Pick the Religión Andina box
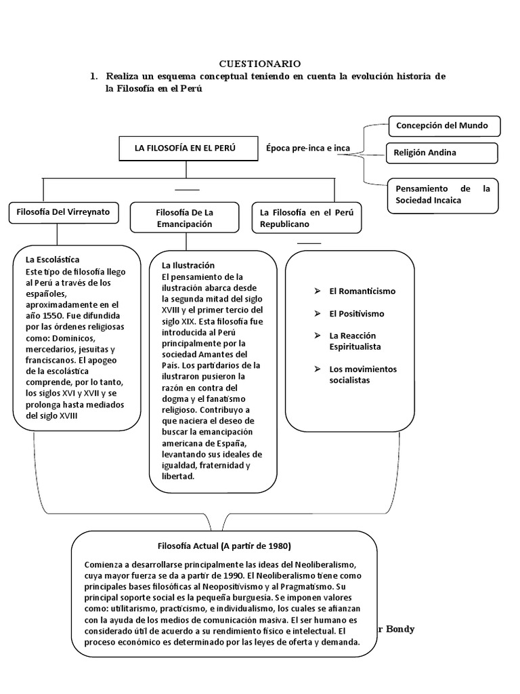coord(441,153)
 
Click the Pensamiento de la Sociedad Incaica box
coord(442,195)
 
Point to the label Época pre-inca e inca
coord(303,148)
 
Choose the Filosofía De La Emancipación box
coord(183,218)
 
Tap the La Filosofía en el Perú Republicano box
coord(307,218)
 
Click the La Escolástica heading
coord(53,260)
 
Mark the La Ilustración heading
coord(188,265)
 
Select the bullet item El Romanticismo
coord(362,291)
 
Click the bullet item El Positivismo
coord(356,314)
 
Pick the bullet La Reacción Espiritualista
coord(355,341)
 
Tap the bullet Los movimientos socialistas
coord(363,375)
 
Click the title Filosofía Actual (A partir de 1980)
coord(224,546)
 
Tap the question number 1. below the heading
coord(94,77)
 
